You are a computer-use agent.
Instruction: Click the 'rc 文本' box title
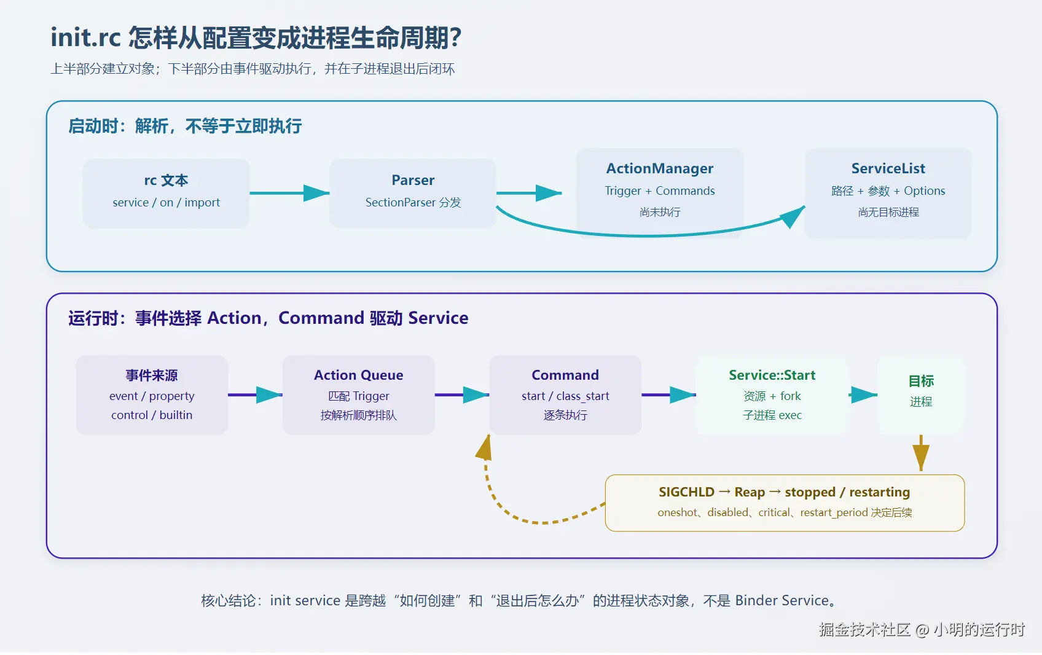(x=166, y=180)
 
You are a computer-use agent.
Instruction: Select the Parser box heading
(x=413, y=180)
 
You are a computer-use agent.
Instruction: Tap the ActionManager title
(x=660, y=168)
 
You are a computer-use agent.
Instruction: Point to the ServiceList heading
(x=888, y=168)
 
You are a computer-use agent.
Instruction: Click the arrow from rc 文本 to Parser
(x=289, y=193)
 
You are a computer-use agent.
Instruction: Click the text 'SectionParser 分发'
(x=413, y=202)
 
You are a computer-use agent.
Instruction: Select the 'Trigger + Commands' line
(x=660, y=190)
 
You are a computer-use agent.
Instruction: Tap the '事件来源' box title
(x=152, y=375)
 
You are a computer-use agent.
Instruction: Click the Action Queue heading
(x=358, y=375)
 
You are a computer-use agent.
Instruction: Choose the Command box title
(x=565, y=375)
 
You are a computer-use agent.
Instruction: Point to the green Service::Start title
(x=772, y=375)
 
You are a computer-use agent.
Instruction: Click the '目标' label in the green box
(x=921, y=381)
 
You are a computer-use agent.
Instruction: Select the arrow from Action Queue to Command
(x=461, y=395)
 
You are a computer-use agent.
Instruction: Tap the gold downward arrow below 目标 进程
(x=921, y=453)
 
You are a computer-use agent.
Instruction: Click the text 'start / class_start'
(x=565, y=396)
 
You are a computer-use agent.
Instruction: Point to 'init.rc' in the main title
(x=85, y=37)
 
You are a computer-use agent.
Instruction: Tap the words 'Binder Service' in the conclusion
(x=782, y=600)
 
